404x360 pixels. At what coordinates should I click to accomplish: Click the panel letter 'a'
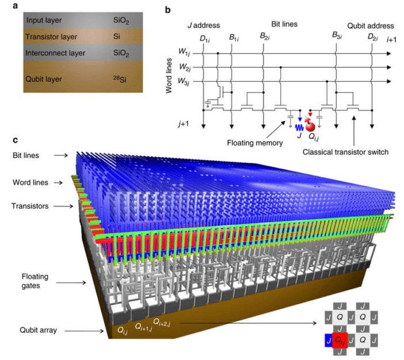click(x=15, y=6)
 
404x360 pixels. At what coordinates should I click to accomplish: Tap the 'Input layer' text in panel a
click(x=44, y=20)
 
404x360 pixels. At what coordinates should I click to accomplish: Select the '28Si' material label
click(x=120, y=79)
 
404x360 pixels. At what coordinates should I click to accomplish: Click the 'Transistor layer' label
click(x=51, y=37)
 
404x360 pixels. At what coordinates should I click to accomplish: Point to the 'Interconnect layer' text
click(x=55, y=53)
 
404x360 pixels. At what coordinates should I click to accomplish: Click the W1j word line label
click(x=184, y=52)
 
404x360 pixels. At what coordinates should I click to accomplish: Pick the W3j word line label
click(x=184, y=82)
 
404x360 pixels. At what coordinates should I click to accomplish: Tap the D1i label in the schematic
click(x=204, y=39)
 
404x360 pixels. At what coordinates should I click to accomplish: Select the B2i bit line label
click(x=265, y=36)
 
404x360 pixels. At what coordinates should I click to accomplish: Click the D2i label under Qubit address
click(x=372, y=37)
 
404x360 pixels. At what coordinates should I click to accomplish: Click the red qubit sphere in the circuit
click(x=310, y=126)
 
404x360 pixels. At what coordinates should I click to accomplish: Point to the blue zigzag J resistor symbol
click(x=299, y=127)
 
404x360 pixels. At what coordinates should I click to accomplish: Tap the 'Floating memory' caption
click(x=255, y=143)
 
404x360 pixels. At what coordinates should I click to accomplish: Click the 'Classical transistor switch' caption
click(x=345, y=152)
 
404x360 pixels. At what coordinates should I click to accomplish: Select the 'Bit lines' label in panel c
click(x=26, y=155)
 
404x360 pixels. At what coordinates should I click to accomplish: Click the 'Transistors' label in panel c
click(x=30, y=206)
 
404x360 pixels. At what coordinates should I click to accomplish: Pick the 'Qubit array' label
click(x=38, y=330)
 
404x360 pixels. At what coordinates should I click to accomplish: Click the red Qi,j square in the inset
click(x=340, y=340)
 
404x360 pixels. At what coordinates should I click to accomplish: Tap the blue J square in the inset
click(x=329, y=340)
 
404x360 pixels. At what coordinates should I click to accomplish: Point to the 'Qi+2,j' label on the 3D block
click(x=162, y=323)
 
